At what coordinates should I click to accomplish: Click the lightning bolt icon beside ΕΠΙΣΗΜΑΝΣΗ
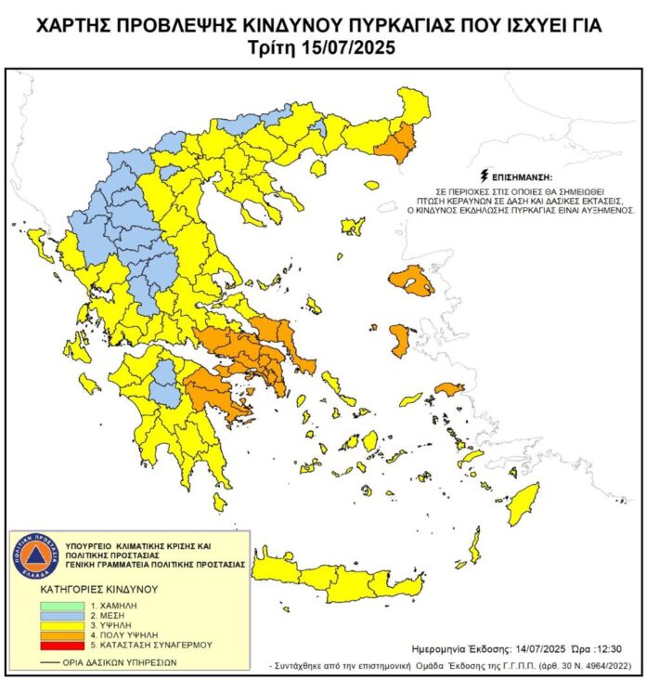coord(483,175)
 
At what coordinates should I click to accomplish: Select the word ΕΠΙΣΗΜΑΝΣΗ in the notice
coord(522,176)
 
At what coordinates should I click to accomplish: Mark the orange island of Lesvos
coord(411,280)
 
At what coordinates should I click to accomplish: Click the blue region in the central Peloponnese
coord(165,385)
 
